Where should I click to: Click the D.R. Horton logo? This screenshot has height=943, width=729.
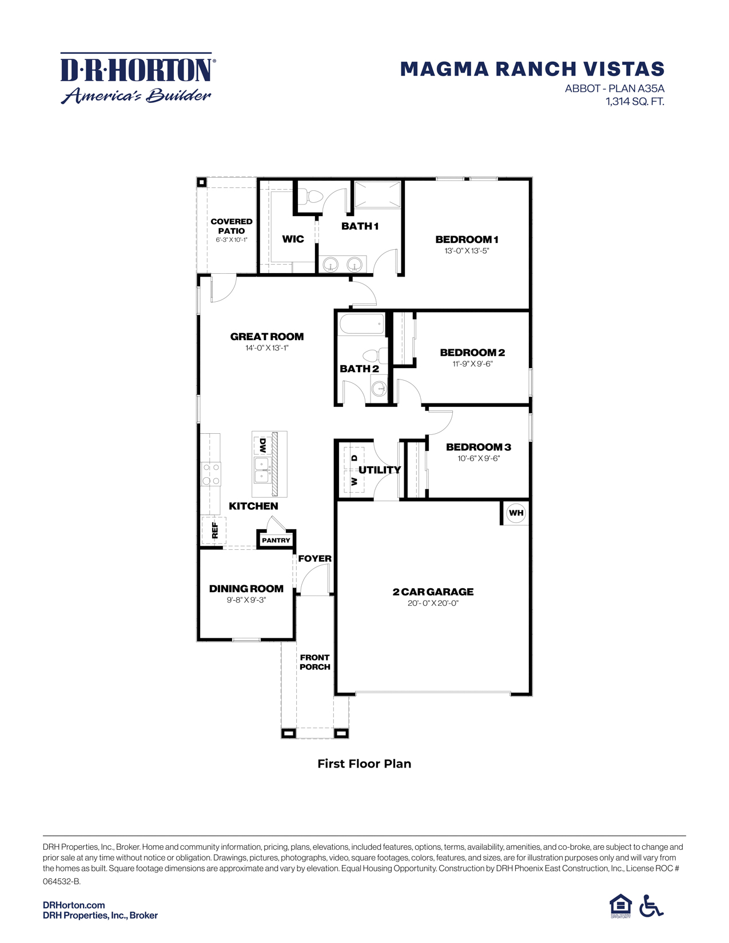pos(137,78)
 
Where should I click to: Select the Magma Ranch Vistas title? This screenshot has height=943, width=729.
pos(532,69)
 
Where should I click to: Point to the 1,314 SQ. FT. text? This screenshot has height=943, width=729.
pos(635,102)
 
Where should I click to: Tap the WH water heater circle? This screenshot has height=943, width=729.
pos(516,513)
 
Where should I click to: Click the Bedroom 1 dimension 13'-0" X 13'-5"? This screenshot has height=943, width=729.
pos(467,250)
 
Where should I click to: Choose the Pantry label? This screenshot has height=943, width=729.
pos(276,540)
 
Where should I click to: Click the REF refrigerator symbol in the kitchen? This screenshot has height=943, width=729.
pos(214,531)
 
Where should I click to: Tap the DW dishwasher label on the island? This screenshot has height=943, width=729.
pos(262,445)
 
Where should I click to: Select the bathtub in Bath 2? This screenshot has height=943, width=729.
pos(362,325)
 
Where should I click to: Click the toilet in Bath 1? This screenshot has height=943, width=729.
pos(313,197)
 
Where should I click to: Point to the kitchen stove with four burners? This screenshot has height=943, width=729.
pos(211,474)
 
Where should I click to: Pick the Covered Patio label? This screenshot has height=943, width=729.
pos(232,226)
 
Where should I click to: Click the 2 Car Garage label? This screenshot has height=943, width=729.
pos(433,592)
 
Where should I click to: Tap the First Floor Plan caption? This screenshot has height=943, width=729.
pos(364,764)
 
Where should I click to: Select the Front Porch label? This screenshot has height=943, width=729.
pos(314,662)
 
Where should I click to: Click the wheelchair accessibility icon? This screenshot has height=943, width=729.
pos(651,906)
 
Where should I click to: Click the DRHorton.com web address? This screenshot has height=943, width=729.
pos(74,905)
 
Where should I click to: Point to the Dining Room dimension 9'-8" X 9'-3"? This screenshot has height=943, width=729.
pos(246,600)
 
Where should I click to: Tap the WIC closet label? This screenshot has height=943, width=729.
pos(293,239)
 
